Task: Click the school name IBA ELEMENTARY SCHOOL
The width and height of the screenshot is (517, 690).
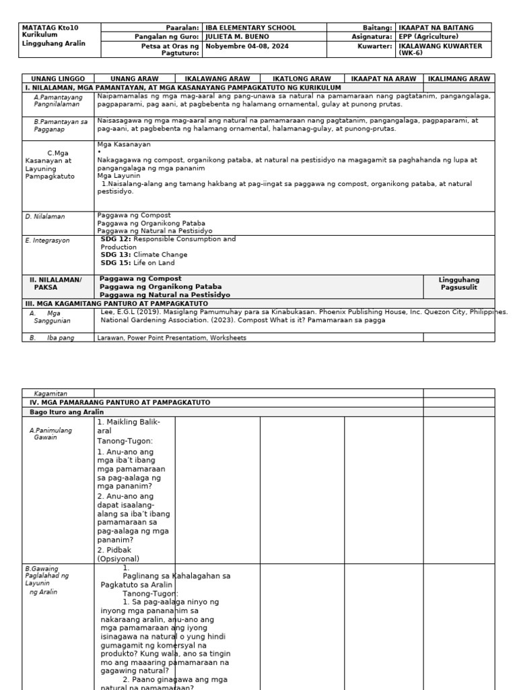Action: [250, 28]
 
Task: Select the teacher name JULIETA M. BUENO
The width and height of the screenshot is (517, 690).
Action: [237, 36]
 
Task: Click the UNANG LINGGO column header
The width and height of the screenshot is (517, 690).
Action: [57, 79]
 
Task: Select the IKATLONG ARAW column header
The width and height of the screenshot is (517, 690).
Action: [302, 79]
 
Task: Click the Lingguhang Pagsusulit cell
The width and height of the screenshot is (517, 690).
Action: [458, 283]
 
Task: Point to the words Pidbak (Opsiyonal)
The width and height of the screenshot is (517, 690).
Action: [118, 554]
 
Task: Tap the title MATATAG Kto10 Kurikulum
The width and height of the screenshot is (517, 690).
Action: [50, 31]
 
